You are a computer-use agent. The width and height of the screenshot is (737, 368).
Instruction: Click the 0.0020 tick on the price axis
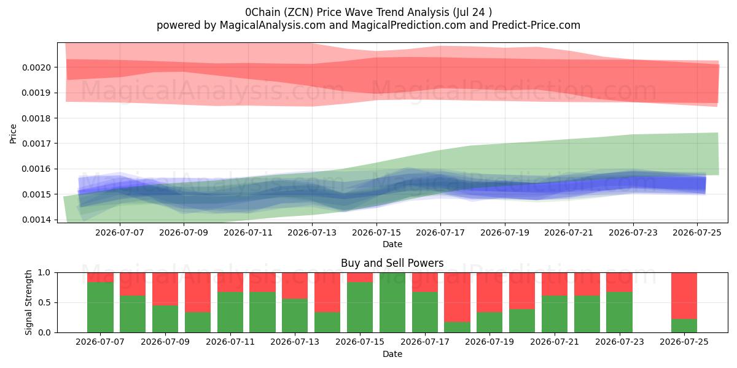pyautogui.click(x=36, y=67)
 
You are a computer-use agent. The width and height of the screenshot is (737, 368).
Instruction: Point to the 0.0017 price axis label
pyautogui.click(x=36, y=144)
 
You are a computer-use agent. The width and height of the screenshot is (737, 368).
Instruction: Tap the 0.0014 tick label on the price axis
pyautogui.click(x=36, y=220)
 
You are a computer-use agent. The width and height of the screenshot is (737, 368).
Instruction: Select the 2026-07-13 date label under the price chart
pyautogui.click(x=312, y=233)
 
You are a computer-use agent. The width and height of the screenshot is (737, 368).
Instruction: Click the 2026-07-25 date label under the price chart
pyautogui.click(x=697, y=233)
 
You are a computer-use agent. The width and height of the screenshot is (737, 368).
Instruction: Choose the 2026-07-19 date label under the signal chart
pyautogui.click(x=489, y=342)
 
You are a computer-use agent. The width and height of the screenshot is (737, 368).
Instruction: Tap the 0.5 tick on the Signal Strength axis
pyautogui.click(x=45, y=302)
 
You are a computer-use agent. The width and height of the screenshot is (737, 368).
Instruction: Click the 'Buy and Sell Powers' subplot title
pyautogui.click(x=392, y=263)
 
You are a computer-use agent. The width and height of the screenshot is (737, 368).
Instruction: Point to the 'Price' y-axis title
pyautogui.click(x=13, y=134)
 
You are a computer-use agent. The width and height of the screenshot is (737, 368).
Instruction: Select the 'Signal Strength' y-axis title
pyautogui.click(x=29, y=302)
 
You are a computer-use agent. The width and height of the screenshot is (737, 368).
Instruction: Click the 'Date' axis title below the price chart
pyautogui.click(x=392, y=245)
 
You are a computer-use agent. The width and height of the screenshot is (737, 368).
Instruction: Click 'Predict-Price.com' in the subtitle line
pyautogui.click(x=536, y=25)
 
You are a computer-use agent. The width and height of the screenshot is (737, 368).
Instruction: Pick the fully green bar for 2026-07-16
pyautogui.click(x=392, y=302)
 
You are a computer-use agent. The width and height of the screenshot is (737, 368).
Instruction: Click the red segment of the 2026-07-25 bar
pyautogui.click(x=684, y=296)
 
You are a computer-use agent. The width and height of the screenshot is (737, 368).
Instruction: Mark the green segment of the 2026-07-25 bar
pyautogui.click(x=684, y=326)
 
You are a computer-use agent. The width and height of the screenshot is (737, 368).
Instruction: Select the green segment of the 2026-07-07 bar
pyautogui.click(x=100, y=307)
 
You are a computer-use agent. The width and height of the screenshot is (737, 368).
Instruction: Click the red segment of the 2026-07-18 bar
pyautogui.click(x=457, y=297)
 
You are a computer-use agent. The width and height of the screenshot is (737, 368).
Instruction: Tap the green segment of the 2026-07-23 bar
pyautogui.click(x=620, y=312)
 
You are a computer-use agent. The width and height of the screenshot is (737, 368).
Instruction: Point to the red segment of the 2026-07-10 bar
pyautogui.click(x=198, y=293)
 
